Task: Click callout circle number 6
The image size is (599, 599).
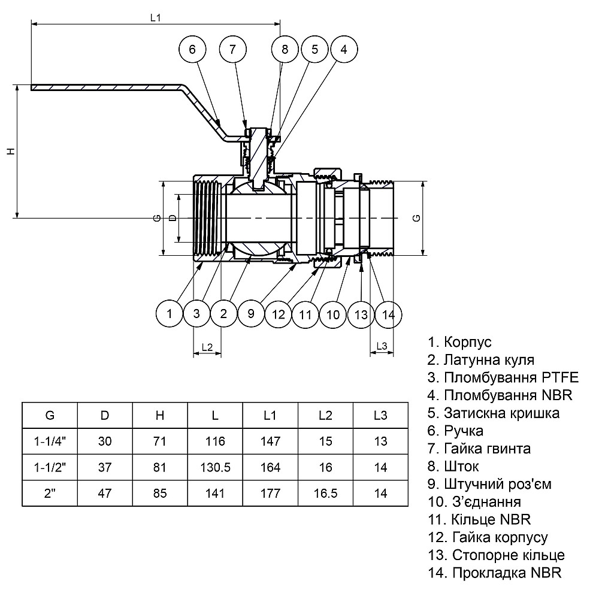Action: tap(192, 50)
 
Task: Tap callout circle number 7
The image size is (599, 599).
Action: tap(232, 50)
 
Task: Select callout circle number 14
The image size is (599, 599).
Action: tap(388, 313)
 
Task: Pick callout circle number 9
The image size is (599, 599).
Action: tap(251, 313)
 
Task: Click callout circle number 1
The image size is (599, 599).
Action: tap(170, 313)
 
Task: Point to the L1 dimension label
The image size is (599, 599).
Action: tap(156, 17)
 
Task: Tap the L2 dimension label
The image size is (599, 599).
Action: tap(207, 347)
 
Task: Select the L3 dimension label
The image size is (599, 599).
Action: tap(382, 347)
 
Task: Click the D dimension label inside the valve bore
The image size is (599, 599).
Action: tap(173, 218)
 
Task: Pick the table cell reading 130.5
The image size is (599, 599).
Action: tap(214, 468)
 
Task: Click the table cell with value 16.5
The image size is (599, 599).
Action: tap(325, 494)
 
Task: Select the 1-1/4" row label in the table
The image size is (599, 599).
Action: tap(50, 441)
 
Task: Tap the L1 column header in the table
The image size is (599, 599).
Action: tap(270, 415)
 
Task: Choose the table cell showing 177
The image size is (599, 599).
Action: tap(270, 494)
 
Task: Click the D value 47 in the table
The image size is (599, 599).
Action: tap(105, 494)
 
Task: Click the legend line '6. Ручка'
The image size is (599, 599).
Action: tap(455, 431)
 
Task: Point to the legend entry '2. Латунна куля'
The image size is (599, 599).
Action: tap(480, 360)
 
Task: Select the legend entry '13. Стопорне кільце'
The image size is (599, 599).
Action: tap(496, 555)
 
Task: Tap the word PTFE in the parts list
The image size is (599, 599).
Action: tap(560, 378)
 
